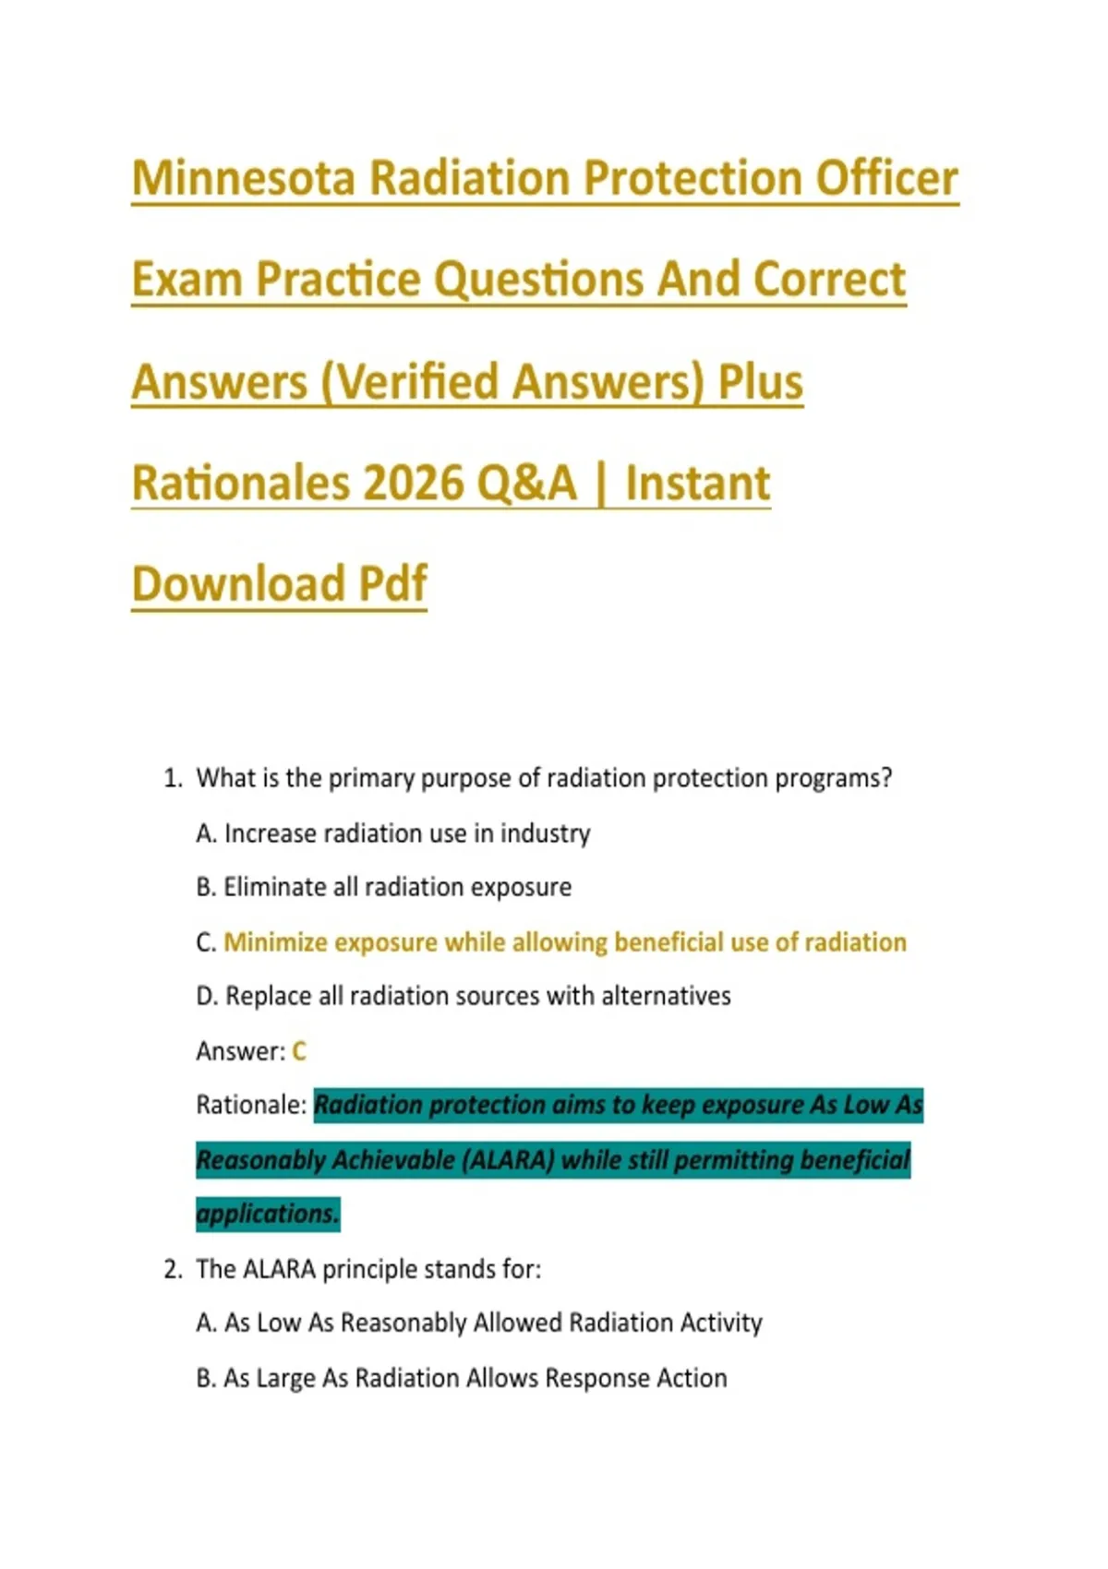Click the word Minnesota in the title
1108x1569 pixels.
tap(244, 178)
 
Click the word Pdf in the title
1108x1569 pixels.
tap(392, 583)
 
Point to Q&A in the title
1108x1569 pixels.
tap(526, 484)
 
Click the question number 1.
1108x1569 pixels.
tap(173, 779)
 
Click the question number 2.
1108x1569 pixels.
tap(173, 1269)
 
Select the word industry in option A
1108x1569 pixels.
tap(545, 833)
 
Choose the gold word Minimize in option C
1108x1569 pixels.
tap(275, 942)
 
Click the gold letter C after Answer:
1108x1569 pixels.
tap(298, 1051)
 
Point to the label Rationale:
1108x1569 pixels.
tap(251, 1106)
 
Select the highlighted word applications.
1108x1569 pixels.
tap(268, 1214)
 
